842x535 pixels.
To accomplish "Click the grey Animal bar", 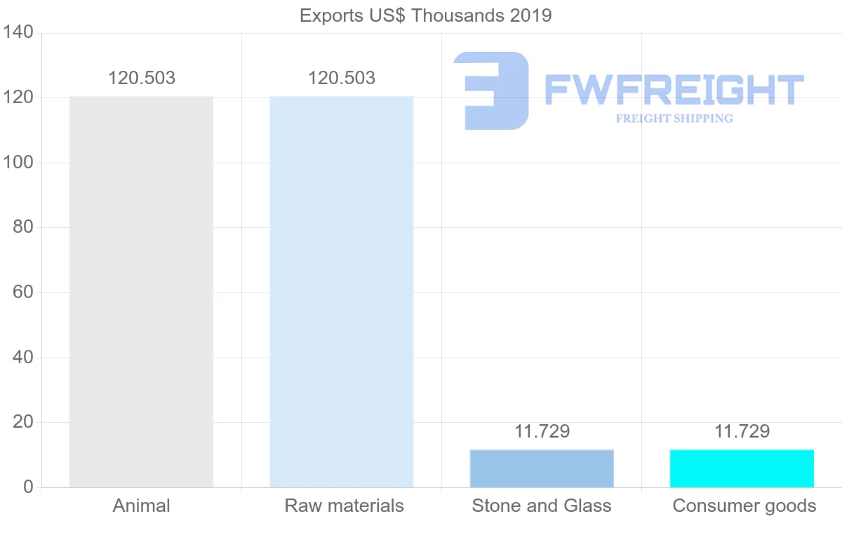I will click(x=141, y=292).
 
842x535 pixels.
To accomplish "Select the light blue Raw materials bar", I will click(x=342, y=292).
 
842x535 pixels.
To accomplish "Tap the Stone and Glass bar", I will click(x=542, y=468).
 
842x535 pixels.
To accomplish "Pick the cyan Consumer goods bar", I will click(x=742, y=468).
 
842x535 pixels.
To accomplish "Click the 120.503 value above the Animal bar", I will click(x=141, y=78).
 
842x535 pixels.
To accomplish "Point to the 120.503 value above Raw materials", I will click(x=342, y=78).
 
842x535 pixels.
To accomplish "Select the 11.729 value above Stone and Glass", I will click(x=542, y=431).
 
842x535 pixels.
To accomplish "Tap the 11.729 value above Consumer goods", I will click(x=742, y=431).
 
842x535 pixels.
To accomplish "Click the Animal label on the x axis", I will click(x=141, y=506).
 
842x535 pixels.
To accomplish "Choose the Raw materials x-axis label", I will click(x=344, y=506).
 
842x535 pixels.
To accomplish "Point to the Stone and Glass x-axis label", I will click(x=542, y=506).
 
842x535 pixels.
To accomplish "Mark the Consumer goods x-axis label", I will click(x=744, y=506).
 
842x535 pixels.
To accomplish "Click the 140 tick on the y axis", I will click(x=18, y=32).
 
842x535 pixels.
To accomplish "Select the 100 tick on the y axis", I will click(x=18, y=163).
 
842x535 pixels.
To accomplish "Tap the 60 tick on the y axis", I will click(x=22, y=292).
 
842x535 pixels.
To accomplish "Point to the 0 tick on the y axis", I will click(x=28, y=487).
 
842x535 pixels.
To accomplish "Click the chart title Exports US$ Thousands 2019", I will click(x=425, y=15).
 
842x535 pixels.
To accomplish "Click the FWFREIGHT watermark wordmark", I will click(x=674, y=90).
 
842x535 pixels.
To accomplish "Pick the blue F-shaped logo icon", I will click(x=491, y=90).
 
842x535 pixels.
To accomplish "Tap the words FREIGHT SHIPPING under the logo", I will click(x=674, y=118).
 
